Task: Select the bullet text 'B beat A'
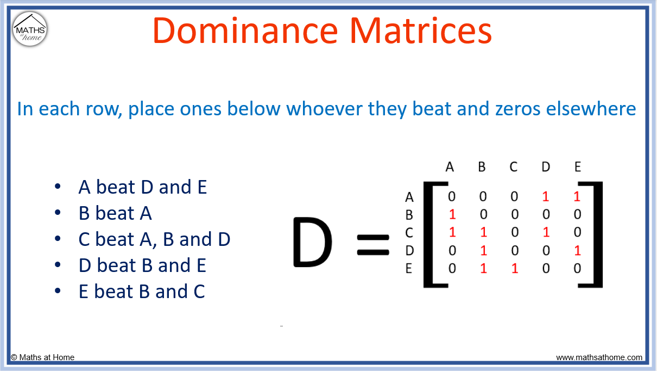point(115,213)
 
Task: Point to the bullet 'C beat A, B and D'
point(154,239)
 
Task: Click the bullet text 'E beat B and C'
point(142,292)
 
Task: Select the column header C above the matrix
point(514,167)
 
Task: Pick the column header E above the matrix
point(577,167)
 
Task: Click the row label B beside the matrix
point(409,215)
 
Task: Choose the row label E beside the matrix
point(409,269)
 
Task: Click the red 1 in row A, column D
point(546,197)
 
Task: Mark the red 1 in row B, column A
point(452,214)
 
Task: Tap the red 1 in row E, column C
point(514,268)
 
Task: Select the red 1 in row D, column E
point(577,250)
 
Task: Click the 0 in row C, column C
point(514,232)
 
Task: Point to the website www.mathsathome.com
point(599,357)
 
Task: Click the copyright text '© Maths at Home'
point(43,357)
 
